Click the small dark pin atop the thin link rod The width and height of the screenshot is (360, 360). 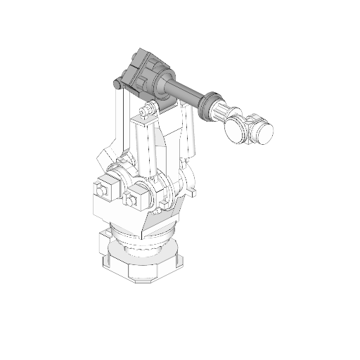pyautogui.click(x=117, y=84)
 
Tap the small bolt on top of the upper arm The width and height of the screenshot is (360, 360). pyautogui.click(x=145, y=111)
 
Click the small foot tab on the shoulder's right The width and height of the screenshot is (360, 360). pyautogui.click(x=191, y=189)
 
